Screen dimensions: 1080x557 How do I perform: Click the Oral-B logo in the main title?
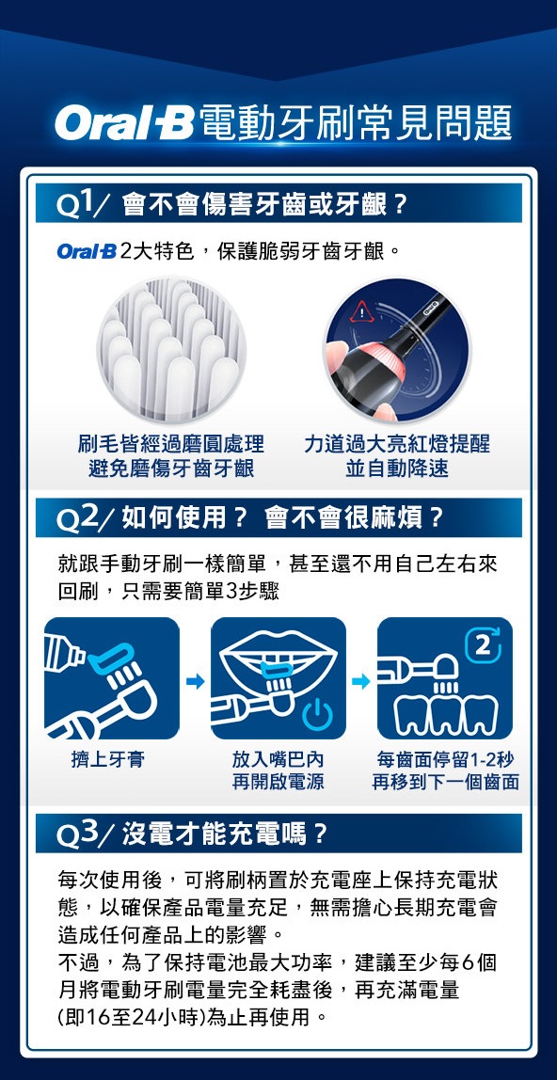pyautogui.click(x=125, y=122)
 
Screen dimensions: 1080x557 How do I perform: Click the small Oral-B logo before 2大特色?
pyautogui.click(x=87, y=253)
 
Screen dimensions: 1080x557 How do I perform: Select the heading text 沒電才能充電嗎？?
pyautogui.click(x=226, y=834)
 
